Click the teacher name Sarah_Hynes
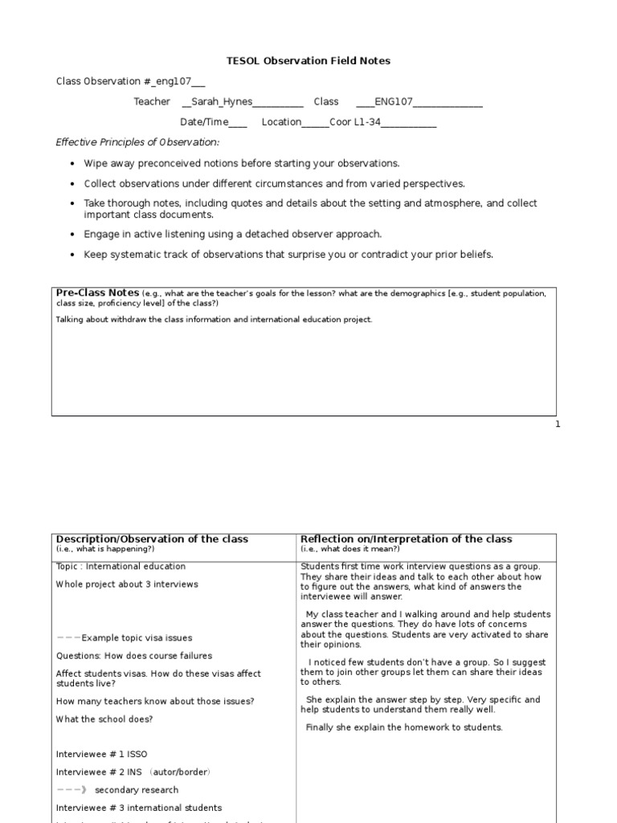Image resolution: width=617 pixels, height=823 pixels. pos(219,101)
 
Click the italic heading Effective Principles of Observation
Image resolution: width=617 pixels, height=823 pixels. pos(137,142)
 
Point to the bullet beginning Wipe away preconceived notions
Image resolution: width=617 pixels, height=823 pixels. pos(242,163)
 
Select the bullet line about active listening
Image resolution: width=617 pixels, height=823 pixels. pos(222,234)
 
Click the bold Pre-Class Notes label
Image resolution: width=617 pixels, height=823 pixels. pos(96,293)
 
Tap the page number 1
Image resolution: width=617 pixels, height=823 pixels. pos(558,424)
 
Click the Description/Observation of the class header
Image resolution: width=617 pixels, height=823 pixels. pos(152,539)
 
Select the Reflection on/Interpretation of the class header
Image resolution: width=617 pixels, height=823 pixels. pos(406,539)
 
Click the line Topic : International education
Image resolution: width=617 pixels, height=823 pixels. pos(121,567)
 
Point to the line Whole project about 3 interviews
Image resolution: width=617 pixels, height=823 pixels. pos(126,584)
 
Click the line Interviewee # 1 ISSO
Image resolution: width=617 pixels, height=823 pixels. pos(101,755)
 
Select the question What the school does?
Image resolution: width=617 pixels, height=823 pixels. pos(104,719)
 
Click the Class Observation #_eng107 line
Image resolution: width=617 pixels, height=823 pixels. pos(130,81)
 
